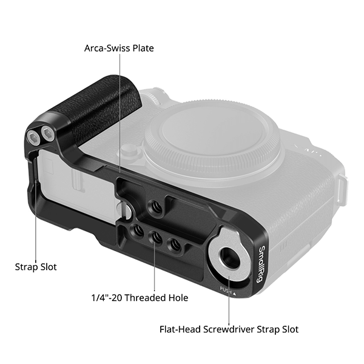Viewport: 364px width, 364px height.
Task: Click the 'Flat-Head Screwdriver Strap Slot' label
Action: [229, 329]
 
